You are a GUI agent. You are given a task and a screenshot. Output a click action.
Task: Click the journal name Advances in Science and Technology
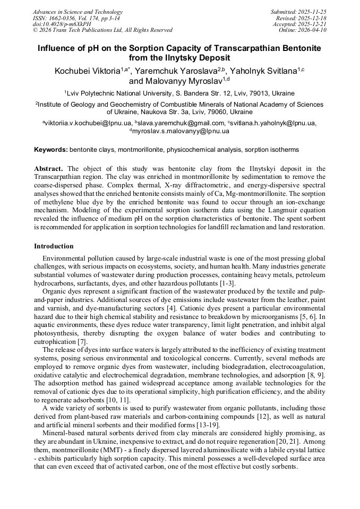click(78, 12)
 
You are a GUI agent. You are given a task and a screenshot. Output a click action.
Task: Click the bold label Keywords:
click(50, 150)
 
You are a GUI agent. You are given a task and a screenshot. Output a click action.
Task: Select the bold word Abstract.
click(49, 169)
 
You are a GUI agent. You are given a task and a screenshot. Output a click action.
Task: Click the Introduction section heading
click(54, 246)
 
